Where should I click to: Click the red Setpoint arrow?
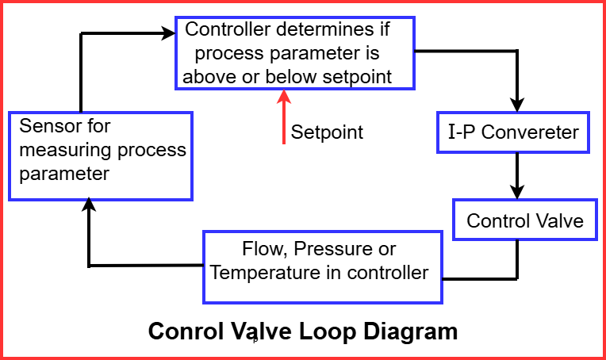pos(284,119)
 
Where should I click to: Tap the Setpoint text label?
pos(327,132)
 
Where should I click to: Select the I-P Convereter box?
pos(513,132)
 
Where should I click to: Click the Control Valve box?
pos(524,220)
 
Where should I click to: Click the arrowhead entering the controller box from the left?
pos(167,33)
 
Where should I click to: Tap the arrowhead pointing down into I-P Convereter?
pos(518,104)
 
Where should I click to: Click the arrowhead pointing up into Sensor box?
pos(90,206)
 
